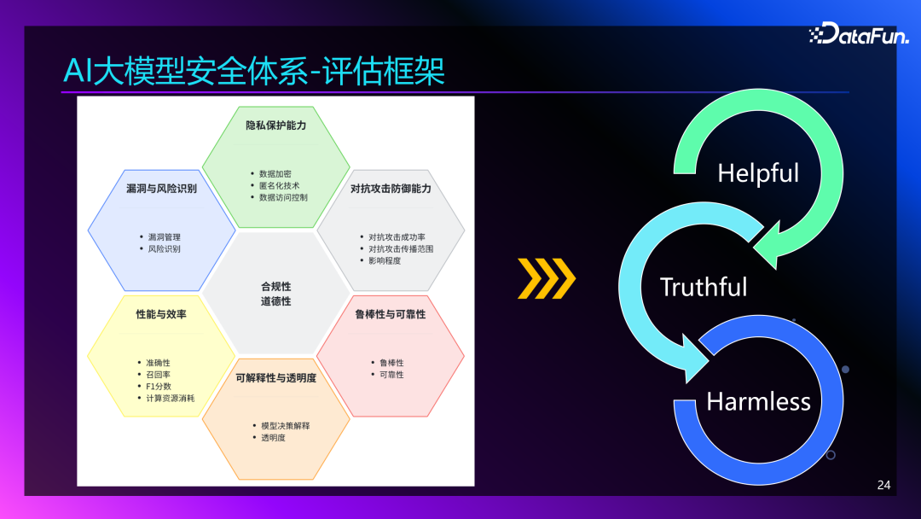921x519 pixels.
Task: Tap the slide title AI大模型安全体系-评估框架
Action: [x=254, y=71]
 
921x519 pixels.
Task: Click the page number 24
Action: [x=883, y=485]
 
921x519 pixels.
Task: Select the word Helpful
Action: [x=758, y=173]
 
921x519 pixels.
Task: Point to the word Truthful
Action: [x=704, y=287]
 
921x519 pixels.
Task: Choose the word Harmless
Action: [x=758, y=400]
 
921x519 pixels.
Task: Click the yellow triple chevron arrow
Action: [x=547, y=278]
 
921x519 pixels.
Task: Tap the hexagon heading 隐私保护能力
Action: [x=275, y=125]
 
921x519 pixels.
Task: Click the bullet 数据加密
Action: [x=278, y=173]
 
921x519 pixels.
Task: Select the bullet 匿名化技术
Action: [x=281, y=185]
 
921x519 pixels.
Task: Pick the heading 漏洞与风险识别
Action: [x=161, y=188]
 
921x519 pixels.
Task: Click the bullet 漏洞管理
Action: [x=164, y=236]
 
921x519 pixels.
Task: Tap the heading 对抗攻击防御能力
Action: [x=391, y=188]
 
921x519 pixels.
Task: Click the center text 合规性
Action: [x=275, y=287]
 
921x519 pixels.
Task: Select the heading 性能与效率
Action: [x=161, y=314]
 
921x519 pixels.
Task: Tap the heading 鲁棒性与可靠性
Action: [x=391, y=314]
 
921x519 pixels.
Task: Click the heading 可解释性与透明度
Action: [x=275, y=377]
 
